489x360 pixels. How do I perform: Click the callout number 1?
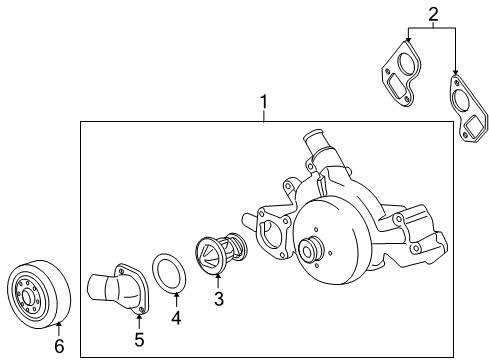tap(264, 102)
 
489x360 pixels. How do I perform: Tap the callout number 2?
tap(433, 15)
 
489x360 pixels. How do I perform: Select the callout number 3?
tap(219, 299)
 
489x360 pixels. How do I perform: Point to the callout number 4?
tap(176, 318)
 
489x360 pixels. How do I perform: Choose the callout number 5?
tap(139, 339)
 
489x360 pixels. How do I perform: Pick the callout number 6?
tap(59, 346)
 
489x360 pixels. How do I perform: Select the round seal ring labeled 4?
tap(169, 273)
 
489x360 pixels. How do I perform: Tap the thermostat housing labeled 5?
tap(119, 288)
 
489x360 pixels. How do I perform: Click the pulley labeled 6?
tap(39, 294)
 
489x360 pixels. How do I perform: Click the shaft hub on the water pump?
tap(311, 247)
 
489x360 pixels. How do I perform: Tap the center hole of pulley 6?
tap(27, 296)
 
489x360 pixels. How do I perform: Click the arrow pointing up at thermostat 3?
tap(218, 281)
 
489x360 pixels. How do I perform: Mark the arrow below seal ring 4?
tap(176, 300)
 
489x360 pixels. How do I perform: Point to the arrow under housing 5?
tap(139, 321)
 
